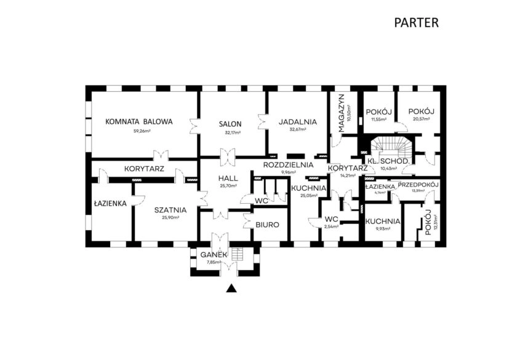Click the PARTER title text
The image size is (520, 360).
(416, 23)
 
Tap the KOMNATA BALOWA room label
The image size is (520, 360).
(139, 122)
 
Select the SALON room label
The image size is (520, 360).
(230, 124)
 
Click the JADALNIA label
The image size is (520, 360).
(297, 122)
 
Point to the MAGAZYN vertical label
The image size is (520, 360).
(342, 113)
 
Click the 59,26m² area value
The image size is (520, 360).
(142, 131)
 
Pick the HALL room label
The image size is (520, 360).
(228, 178)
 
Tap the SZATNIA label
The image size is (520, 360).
(170, 210)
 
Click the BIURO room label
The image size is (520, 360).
(267, 225)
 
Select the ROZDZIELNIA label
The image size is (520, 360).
(288, 165)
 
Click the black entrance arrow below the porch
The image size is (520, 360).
(231, 289)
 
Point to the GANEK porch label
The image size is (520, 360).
(214, 255)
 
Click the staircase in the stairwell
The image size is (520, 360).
(391, 148)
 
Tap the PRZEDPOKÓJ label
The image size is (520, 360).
(418, 185)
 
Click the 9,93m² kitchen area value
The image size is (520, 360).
(382, 228)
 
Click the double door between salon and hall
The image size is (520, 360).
(228, 156)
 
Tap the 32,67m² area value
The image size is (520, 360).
(297, 129)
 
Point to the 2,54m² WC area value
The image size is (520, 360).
(331, 226)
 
